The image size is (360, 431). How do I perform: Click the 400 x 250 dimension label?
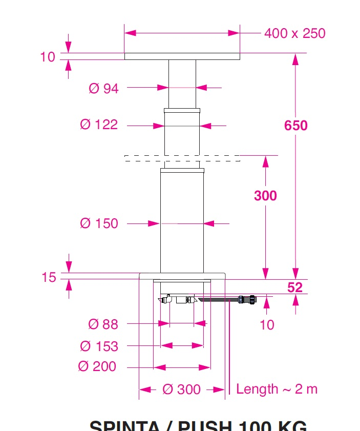pyautogui.click(x=294, y=33)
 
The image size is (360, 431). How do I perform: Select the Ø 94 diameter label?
pyautogui.click(x=103, y=89)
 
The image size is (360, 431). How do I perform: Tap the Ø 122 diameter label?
pyautogui.click(x=99, y=125)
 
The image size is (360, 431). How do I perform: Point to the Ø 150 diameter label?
pyautogui.click(x=99, y=223)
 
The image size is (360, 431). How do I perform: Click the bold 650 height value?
pyautogui.click(x=296, y=126)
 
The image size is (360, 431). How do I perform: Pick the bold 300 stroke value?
pyautogui.click(x=265, y=196)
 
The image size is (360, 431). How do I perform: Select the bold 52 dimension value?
pyautogui.click(x=295, y=288)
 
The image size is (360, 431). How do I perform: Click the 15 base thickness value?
pyautogui.click(x=49, y=277)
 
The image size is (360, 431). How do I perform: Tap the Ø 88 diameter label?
pyautogui.click(x=103, y=324)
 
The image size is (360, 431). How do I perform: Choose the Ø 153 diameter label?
pyautogui.click(x=99, y=346)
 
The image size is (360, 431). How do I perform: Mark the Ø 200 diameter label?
pyautogui.click(x=97, y=367)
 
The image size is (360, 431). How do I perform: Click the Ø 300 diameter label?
pyautogui.click(x=181, y=389)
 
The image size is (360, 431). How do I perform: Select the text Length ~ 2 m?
pyautogui.click(x=277, y=389)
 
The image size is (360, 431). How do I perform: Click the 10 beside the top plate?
pyautogui.click(x=48, y=57)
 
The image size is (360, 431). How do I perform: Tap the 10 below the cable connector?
pyautogui.click(x=267, y=325)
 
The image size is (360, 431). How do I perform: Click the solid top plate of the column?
pyautogui.click(x=182, y=56)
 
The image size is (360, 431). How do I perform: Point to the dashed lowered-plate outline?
pyautogui.click(x=182, y=158)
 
